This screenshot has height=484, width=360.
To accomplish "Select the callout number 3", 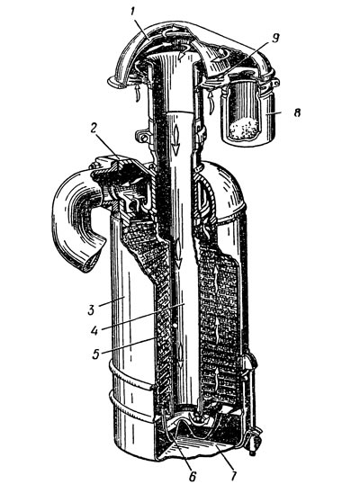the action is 91,309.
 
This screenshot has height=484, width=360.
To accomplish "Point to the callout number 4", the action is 94,330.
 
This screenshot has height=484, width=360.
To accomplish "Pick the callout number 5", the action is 96,354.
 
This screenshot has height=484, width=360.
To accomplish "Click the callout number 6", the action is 193,476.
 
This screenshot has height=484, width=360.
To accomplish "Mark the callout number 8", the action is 297,113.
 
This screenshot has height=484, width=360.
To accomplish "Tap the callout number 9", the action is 275,39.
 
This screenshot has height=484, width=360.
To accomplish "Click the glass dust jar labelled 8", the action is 247,112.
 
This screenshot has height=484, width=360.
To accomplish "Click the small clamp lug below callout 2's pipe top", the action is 142,137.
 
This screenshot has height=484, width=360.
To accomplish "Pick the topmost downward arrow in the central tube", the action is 176,139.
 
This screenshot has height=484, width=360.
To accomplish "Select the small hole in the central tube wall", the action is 175,326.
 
